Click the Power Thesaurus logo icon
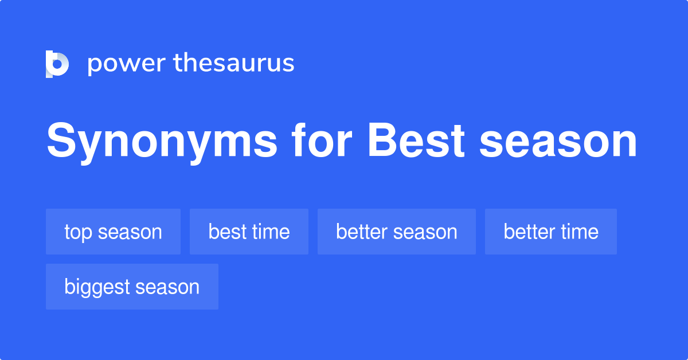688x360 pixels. (57, 64)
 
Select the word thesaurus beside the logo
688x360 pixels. (234, 64)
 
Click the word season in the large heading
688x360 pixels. (558, 142)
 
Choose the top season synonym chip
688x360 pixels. (113, 232)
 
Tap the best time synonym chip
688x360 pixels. (249, 232)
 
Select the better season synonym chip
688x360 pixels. (397, 232)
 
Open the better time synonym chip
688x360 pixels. (551, 232)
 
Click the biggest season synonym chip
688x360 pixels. (132, 287)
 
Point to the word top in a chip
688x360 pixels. (78, 232)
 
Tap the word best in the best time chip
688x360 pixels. (226, 232)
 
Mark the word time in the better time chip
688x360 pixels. (578, 232)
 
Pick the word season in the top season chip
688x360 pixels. (130, 232)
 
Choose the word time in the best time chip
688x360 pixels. (270, 232)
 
